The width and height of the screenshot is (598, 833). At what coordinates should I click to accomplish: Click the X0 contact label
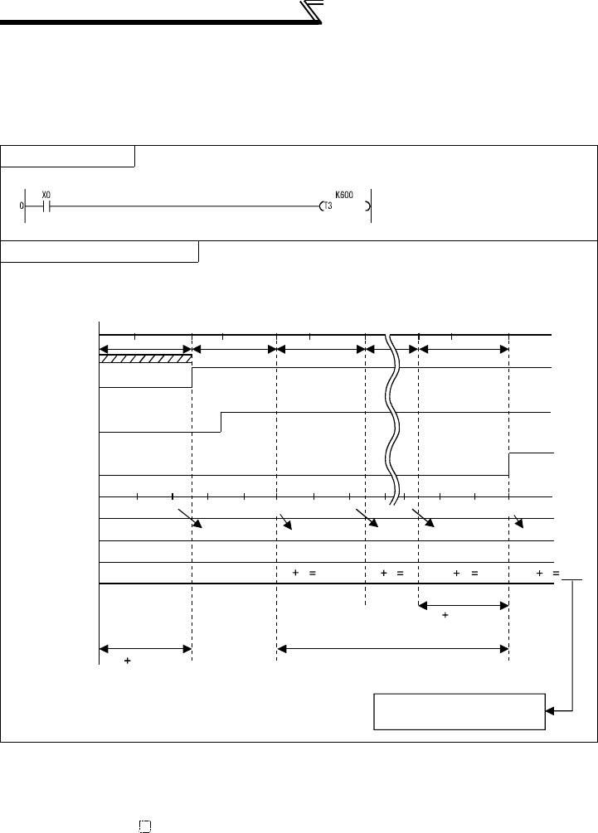[46, 195]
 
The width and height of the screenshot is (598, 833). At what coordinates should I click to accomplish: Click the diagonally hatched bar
[145, 359]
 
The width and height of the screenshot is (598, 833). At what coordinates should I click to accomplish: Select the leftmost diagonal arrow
[191, 521]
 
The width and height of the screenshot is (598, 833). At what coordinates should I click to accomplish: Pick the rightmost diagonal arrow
[519, 521]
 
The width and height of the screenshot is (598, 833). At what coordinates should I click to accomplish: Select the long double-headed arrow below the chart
[391, 649]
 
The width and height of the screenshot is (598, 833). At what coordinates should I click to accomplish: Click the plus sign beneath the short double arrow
[445, 617]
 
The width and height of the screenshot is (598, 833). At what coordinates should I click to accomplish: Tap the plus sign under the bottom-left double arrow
[127, 662]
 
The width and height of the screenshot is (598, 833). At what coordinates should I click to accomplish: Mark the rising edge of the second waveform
[221, 422]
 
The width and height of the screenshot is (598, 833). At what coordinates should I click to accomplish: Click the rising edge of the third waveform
[508, 464]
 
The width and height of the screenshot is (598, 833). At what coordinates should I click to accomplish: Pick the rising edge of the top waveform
[192, 377]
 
